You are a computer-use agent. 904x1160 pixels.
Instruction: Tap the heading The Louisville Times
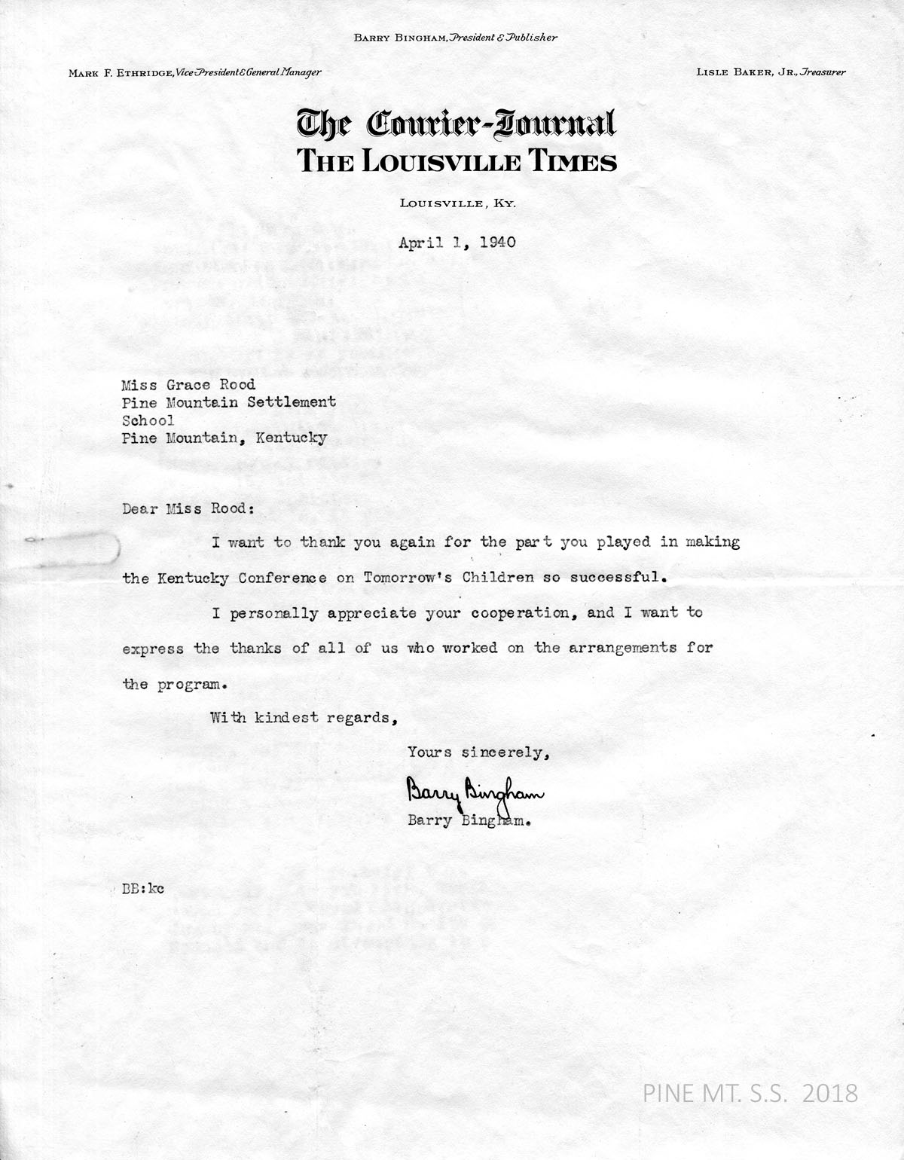point(457,161)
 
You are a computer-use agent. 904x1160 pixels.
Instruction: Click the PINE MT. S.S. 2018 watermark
point(750,1092)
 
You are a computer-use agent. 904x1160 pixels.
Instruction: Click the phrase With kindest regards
point(304,716)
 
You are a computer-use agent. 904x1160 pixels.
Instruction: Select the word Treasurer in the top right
point(823,72)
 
